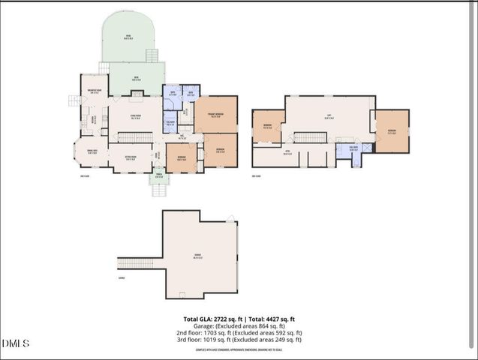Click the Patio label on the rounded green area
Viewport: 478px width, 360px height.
click(x=128, y=37)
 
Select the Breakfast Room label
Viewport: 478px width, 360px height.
click(x=95, y=93)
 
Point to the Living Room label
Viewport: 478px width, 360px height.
click(x=136, y=117)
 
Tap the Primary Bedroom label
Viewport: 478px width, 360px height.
click(x=215, y=115)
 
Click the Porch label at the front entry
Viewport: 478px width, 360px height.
click(x=159, y=177)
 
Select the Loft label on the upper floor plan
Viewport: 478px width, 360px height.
click(x=329, y=116)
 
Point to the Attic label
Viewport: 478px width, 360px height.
click(x=287, y=153)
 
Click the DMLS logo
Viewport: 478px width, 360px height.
click(x=15, y=343)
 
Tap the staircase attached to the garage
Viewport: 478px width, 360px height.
click(x=137, y=262)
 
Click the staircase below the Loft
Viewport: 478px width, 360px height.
click(x=309, y=137)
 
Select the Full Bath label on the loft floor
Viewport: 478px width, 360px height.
click(x=353, y=147)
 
